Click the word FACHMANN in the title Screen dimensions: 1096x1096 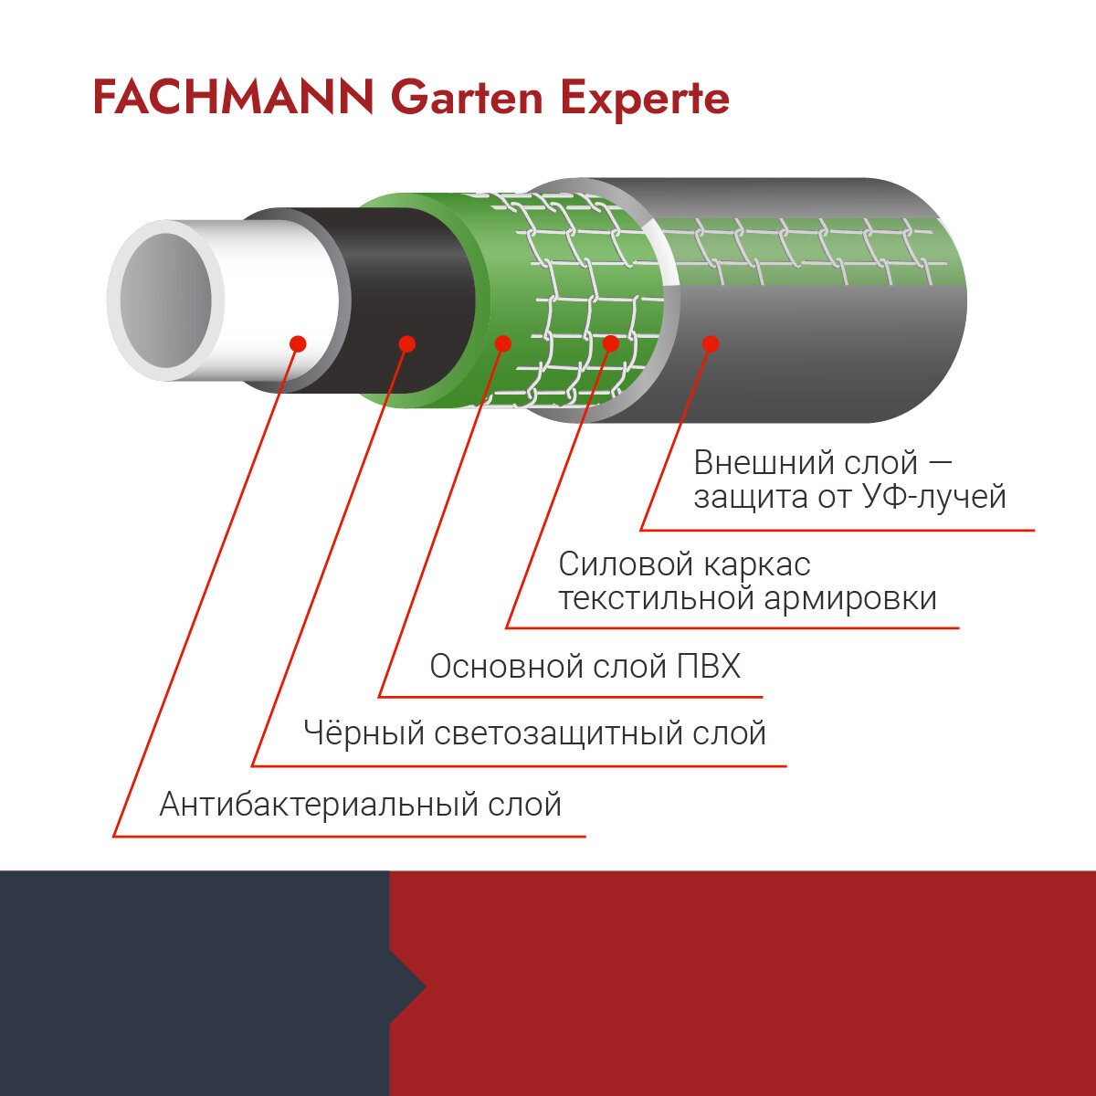point(233,98)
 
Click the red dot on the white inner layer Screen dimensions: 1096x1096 point(297,344)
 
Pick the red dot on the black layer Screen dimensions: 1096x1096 point(407,344)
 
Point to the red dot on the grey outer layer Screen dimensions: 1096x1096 point(711,344)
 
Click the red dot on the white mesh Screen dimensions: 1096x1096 point(611,343)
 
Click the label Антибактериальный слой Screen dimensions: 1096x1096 point(360,805)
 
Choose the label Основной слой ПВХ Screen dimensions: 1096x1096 point(585,667)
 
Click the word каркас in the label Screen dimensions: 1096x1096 point(757,564)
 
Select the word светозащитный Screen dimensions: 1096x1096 point(558,733)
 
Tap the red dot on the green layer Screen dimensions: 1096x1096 point(501,343)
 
